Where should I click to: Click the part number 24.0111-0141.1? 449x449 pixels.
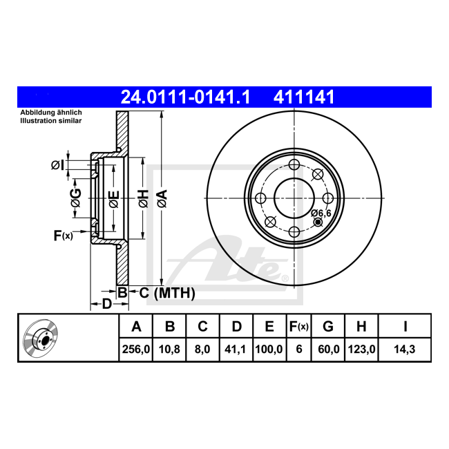[186, 97]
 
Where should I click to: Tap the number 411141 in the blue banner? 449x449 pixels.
[304, 97]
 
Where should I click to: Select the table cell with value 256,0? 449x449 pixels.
[136, 350]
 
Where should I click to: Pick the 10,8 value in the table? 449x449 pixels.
[169, 350]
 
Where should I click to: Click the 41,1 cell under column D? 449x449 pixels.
[235, 350]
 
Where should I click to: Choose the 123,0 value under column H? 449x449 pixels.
[361, 350]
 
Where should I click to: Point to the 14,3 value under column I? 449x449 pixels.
[405, 350]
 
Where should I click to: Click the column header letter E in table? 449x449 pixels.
[269, 327]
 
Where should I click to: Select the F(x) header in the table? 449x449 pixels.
[298, 327]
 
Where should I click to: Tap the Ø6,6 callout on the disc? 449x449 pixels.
[321, 213]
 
